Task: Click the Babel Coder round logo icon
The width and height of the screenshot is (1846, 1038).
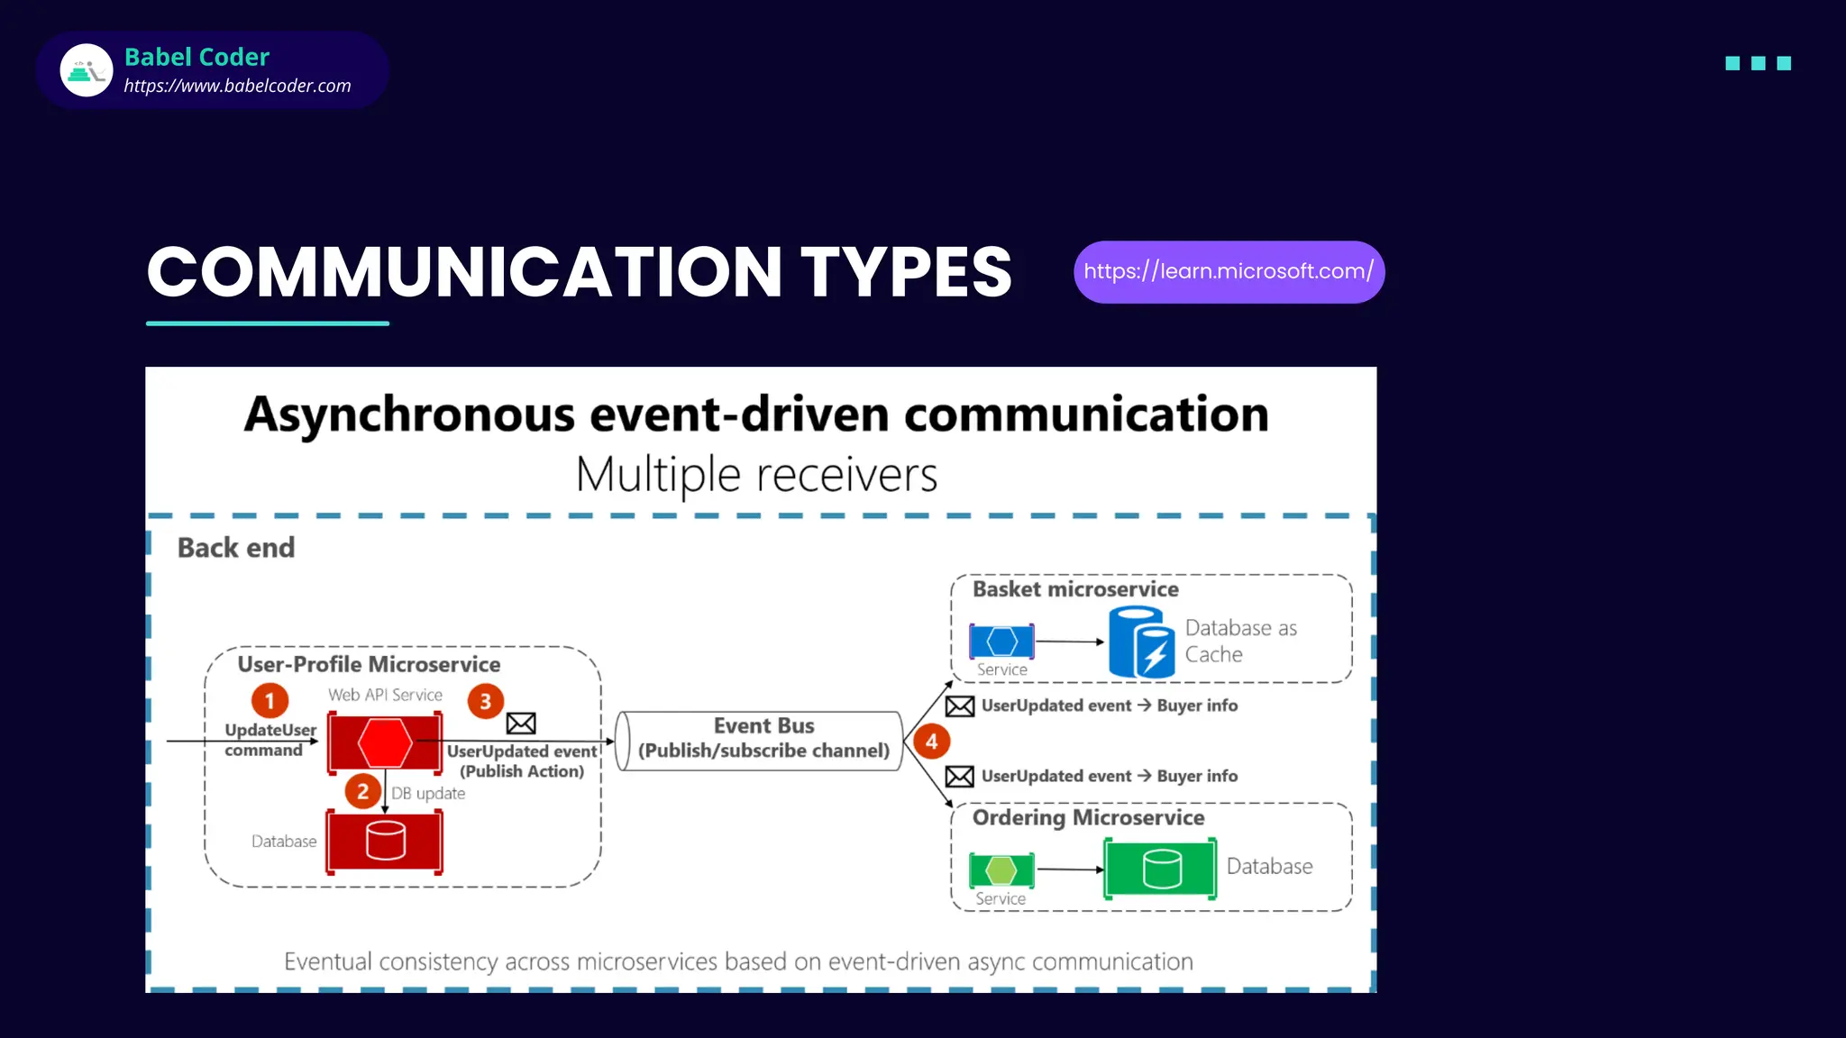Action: (87, 70)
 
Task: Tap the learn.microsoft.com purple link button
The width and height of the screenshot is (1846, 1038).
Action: (1229, 272)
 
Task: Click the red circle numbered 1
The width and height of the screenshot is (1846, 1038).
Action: (270, 701)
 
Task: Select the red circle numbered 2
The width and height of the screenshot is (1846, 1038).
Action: (362, 792)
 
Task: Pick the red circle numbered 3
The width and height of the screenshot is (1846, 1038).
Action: (485, 701)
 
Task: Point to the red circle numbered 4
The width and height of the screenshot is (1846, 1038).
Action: (931, 742)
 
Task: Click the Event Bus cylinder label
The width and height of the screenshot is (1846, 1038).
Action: (763, 739)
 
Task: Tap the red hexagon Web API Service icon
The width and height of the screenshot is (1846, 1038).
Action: (385, 742)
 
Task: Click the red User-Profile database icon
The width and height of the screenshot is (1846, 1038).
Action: (385, 842)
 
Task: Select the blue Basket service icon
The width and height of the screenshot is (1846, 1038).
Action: (1001, 642)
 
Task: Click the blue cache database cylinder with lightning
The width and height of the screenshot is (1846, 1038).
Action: (1141, 642)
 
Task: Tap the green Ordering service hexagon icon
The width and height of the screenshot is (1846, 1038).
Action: (1001, 870)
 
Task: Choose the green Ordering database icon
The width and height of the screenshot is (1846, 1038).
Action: (1160, 869)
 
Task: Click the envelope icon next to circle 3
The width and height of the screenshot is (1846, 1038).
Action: (521, 724)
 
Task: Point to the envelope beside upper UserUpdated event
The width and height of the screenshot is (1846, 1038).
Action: (960, 706)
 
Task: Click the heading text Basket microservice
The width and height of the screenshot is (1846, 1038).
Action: (1074, 589)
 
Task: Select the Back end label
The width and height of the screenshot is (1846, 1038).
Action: (236, 548)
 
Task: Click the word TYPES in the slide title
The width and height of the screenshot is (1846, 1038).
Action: (906, 272)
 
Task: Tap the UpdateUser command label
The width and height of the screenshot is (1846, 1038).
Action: (268, 740)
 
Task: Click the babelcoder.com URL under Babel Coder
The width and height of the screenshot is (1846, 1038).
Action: (237, 86)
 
